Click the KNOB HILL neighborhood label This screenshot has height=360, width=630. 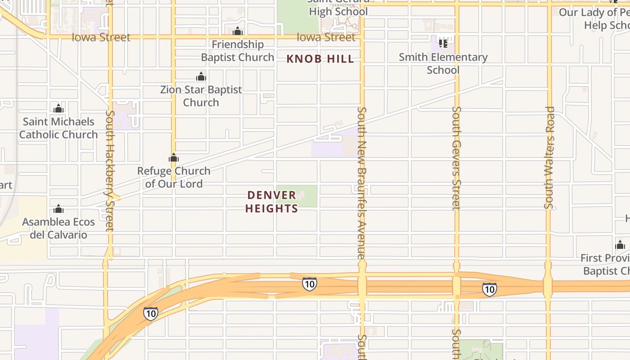[320, 59]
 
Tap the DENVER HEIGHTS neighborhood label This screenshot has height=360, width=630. [272, 202]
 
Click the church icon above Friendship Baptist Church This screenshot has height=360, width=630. [238, 31]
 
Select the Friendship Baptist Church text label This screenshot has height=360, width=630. [238, 51]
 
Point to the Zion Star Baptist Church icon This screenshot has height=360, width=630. [201, 77]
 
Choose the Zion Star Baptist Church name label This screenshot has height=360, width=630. [201, 96]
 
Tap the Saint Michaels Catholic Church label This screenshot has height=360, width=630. [58, 128]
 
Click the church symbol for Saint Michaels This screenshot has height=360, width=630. [58, 109]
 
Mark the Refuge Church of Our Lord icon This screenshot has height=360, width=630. [174, 158]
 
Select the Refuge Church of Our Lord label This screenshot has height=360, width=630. [174, 177]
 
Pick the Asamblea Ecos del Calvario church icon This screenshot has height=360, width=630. [58, 209]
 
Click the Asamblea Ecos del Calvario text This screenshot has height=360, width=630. [58, 228]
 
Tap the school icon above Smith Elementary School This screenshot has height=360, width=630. [443, 44]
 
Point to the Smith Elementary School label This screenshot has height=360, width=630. [443, 63]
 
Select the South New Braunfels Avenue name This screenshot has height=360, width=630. [362, 182]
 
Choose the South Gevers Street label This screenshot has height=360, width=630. [456, 157]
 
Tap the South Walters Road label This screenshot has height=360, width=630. [549, 157]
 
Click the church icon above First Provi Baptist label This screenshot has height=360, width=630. [620, 246]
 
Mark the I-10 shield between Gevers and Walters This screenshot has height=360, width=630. [489, 289]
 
